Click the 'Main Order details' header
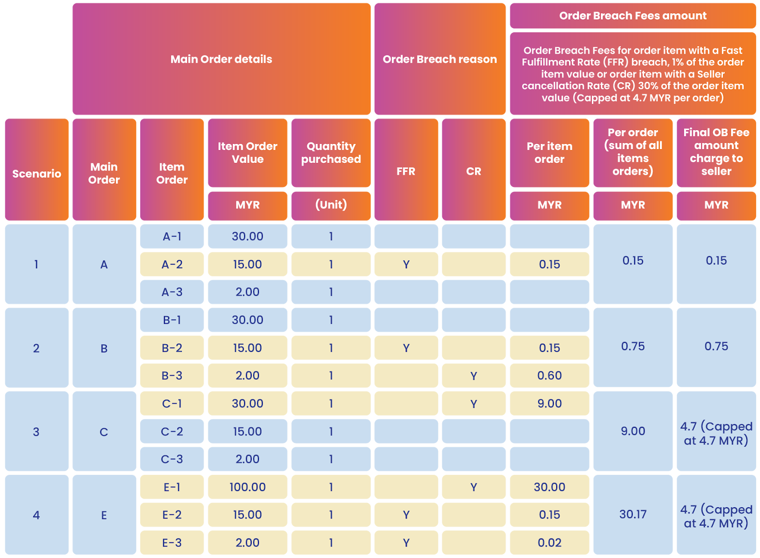221,59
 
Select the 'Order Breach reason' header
440,59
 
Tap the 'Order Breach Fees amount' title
633,16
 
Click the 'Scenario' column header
37,173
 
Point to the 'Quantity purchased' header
331,152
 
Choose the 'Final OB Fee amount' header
716,152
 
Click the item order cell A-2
172,264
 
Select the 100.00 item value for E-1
247,487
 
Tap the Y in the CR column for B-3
474,376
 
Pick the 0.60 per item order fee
550,376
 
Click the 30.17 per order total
633,514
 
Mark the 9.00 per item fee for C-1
550,404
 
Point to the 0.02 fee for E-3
550,542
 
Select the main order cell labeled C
104,432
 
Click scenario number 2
37,348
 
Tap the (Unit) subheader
331,205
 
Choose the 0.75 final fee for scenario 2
716,346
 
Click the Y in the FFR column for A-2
406,264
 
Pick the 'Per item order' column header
550,152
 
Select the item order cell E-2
172,514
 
